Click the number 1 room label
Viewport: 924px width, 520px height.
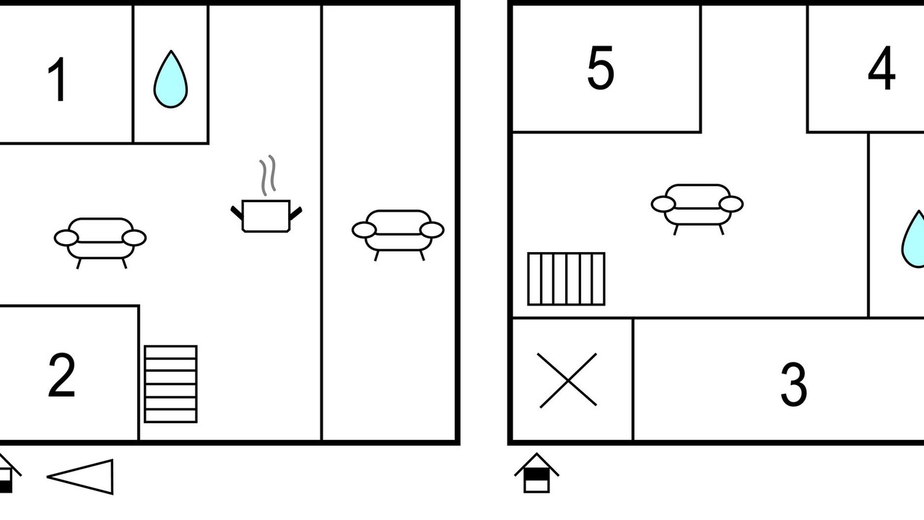[58, 79]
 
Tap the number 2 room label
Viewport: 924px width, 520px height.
[62, 375]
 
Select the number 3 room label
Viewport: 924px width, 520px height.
[793, 384]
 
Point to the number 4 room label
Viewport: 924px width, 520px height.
[881, 68]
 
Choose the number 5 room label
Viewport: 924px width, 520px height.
[601, 67]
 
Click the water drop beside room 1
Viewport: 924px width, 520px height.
[170, 79]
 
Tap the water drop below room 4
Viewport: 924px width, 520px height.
[913, 239]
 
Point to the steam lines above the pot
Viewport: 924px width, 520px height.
[267, 175]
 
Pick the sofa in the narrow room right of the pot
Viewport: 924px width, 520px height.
[398, 235]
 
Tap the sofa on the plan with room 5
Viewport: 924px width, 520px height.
[697, 209]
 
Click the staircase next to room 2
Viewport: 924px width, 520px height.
[171, 384]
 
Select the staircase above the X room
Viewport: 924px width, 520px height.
[567, 279]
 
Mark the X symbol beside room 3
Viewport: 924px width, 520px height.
[568, 380]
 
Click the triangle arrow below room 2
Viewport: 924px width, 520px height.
[80, 477]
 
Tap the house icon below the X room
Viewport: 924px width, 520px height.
[536, 473]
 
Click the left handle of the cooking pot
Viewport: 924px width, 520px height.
[237, 213]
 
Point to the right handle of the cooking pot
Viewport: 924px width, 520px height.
[296, 213]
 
